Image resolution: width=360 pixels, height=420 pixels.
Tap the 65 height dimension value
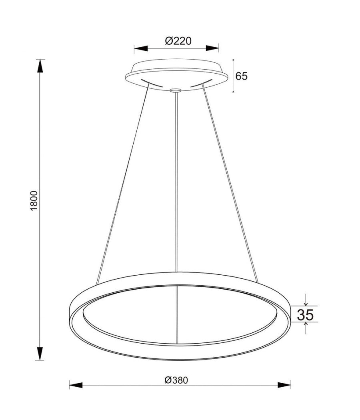click(241, 76)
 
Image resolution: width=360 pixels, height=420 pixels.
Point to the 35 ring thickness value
click(305, 315)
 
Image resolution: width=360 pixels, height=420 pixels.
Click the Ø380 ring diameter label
click(176, 380)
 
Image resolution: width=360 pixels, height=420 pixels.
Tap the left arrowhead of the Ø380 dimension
click(76, 385)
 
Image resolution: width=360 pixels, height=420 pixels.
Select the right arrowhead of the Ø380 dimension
click(284, 385)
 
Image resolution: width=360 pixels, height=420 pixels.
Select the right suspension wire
click(230, 180)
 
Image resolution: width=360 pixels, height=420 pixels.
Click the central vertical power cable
click(176, 180)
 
